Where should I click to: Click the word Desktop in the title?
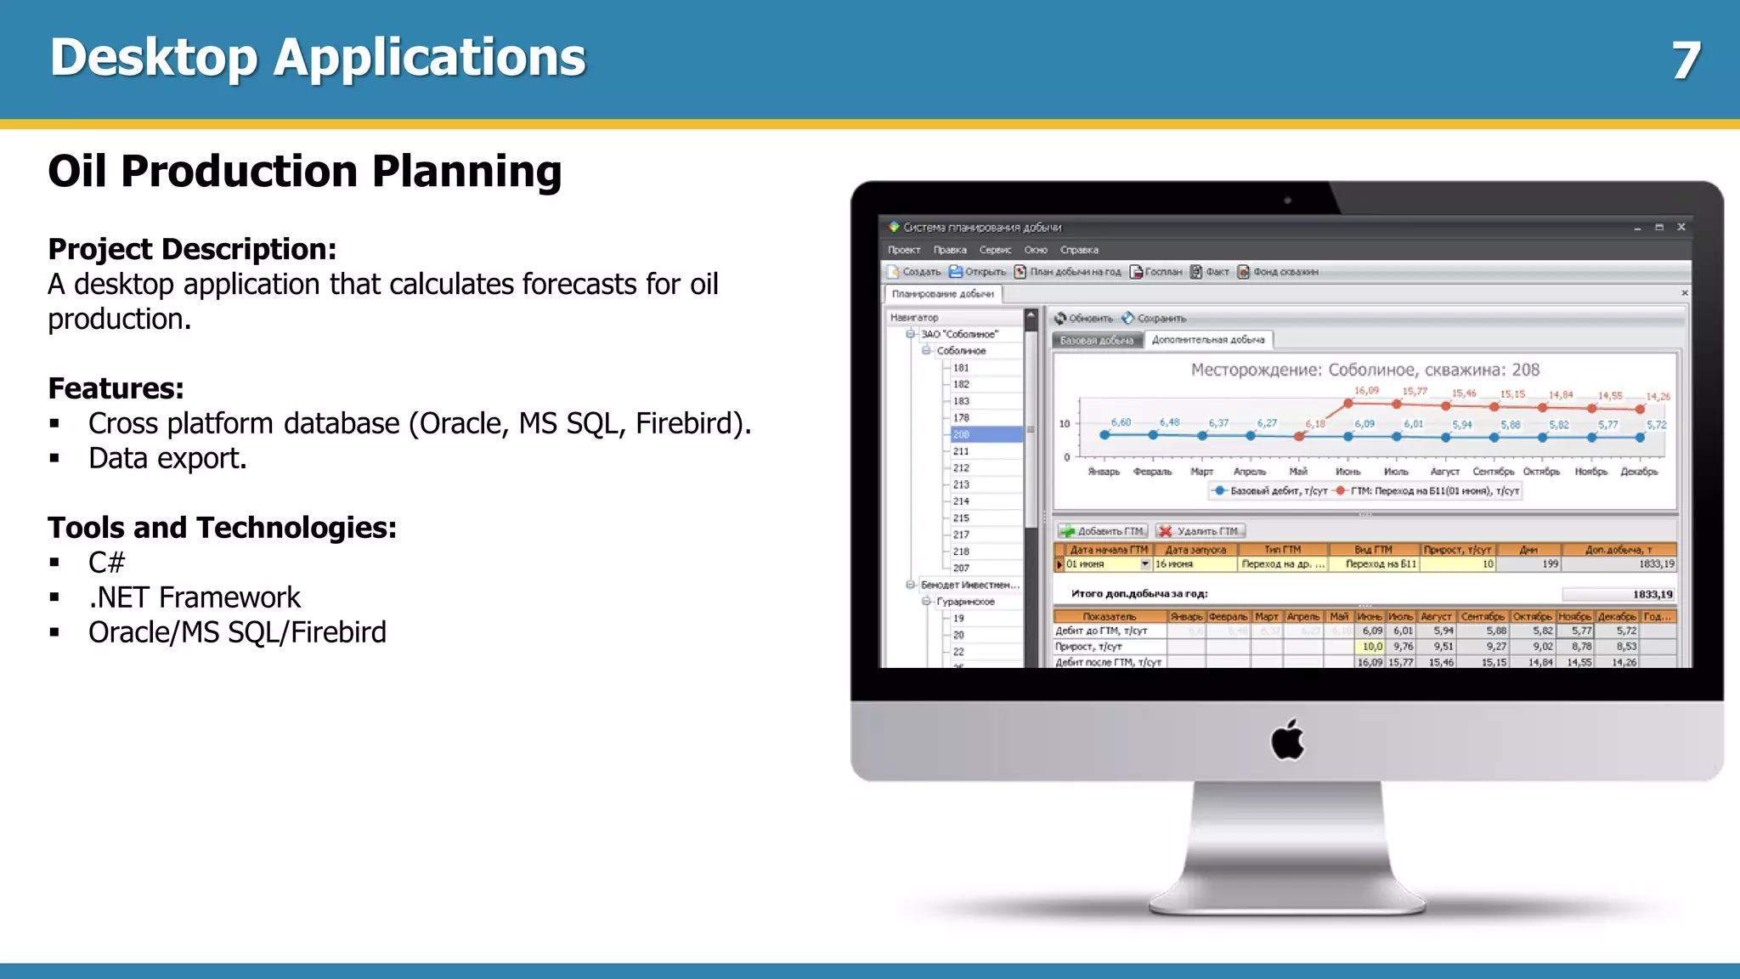click(x=153, y=58)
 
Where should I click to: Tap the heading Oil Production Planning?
click(x=304, y=171)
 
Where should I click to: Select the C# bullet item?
click(x=106, y=563)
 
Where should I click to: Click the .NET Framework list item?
click(x=195, y=597)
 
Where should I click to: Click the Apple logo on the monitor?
click(x=1287, y=739)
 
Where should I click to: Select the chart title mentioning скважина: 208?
click(x=1364, y=370)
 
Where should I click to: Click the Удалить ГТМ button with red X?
click(x=1200, y=531)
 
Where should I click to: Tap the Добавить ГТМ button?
click(x=1103, y=531)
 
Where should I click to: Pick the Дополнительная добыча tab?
click(x=1207, y=340)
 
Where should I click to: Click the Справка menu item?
click(x=1079, y=250)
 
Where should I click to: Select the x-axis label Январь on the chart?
click(x=1103, y=472)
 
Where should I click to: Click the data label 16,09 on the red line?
click(x=1366, y=391)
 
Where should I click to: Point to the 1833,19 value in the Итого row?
click(x=1652, y=594)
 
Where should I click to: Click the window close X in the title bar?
click(x=1681, y=227)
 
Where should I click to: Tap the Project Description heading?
click(x=192, y=249)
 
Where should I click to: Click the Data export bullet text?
click(x=167, y=458)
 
